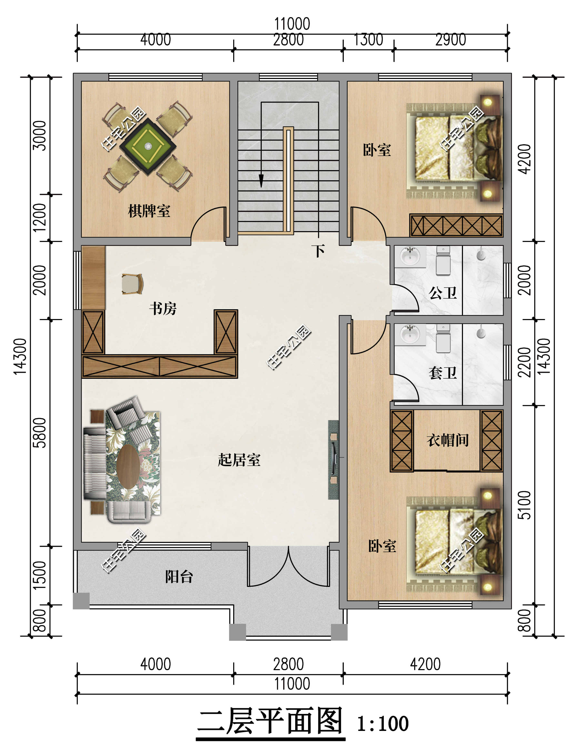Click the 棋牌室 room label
[149, 211]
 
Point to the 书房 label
[163, 308]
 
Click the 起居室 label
[239, 460]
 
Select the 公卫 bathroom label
[443, 293]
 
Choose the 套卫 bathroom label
[443, 372]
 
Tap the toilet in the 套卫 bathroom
[443, 338]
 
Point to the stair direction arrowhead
[261, 181]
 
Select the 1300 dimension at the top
[368, 40]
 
